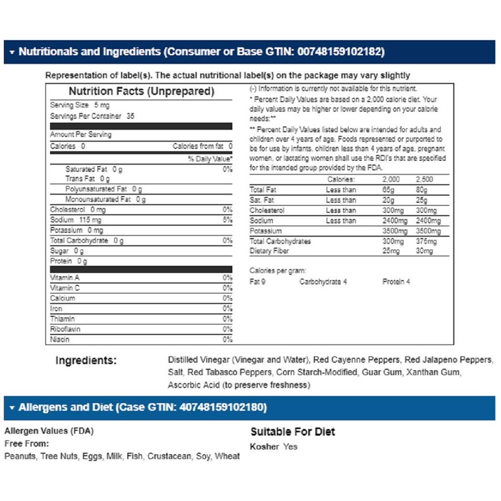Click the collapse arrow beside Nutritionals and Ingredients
point(12,53)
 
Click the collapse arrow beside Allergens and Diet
point(12,408)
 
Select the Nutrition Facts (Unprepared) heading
point(142,91)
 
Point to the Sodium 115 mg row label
point(76,220)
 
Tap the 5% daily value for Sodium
point(227,220)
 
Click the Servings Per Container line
point(92,116)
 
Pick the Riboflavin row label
point(65,329)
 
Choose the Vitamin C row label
point(65,288)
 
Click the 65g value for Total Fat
point(390,190)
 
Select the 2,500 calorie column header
point(424,179)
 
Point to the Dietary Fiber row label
point(272,251)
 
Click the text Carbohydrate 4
point(323,282)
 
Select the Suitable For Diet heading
point(292,431)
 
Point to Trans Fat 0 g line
point(87,178)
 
